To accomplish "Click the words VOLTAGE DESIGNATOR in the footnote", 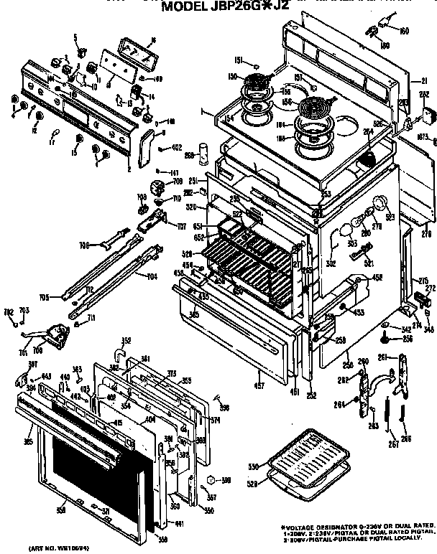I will point(317,526).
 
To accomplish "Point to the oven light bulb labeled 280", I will point(347,229).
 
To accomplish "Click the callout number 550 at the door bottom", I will point(209,510).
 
